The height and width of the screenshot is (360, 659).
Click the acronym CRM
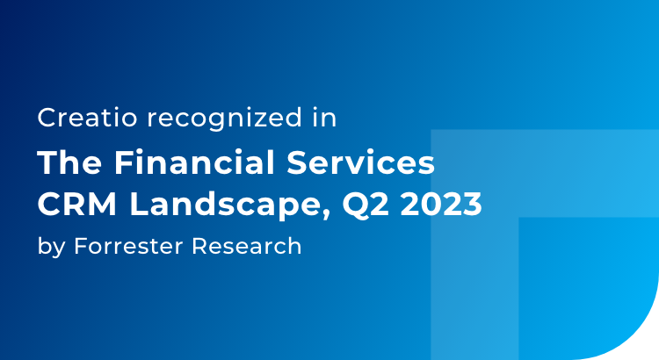coord(68,205)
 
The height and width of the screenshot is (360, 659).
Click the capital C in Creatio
coord(46,119)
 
